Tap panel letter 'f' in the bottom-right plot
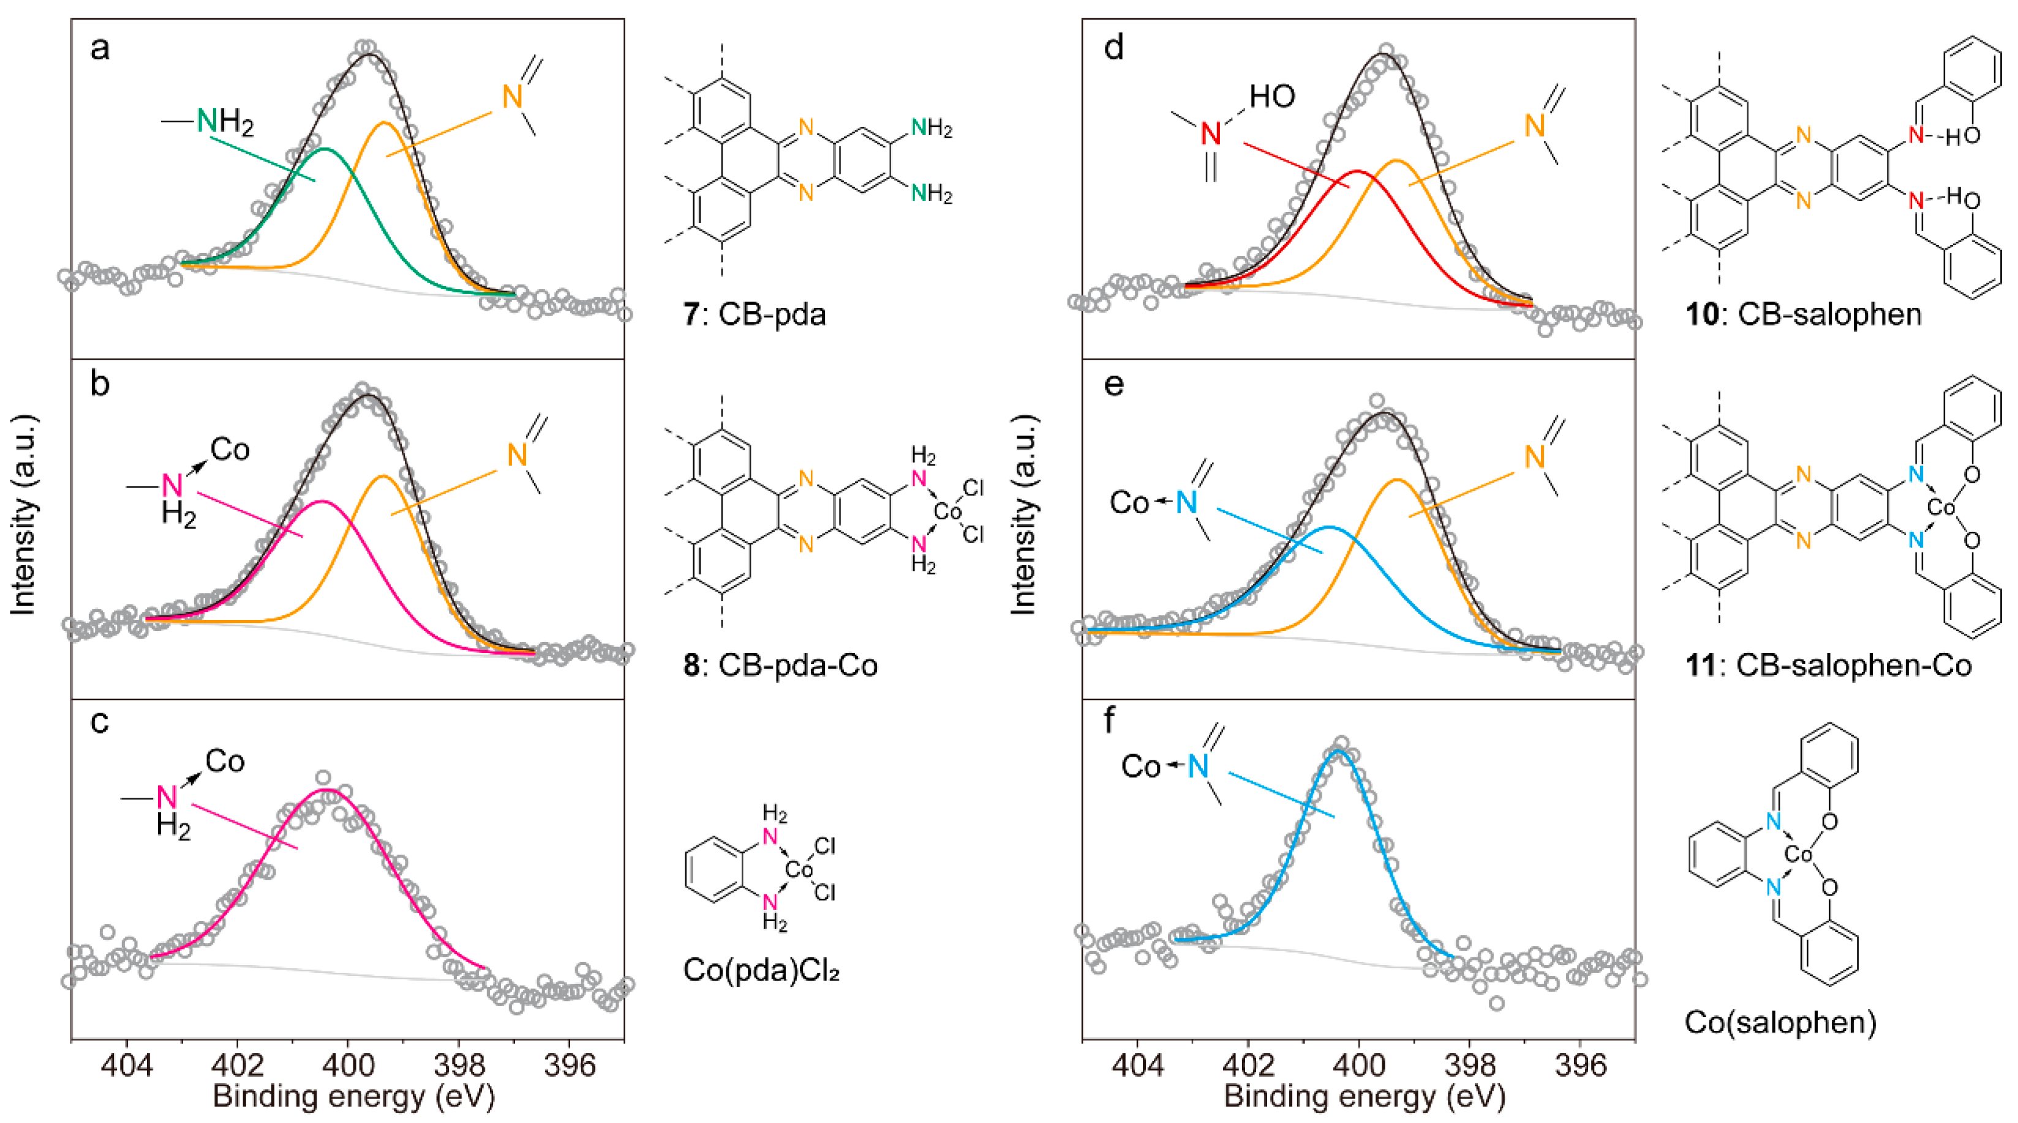click(x=1109, y=719)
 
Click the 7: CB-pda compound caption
click(x=755, y=314)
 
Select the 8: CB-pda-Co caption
click(x=780, y=665)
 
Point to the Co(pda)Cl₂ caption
click(x=761, y=970)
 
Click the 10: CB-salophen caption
click(x=1804, y=314)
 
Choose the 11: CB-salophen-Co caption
click(x=1828, y=665)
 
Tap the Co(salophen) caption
click(x=1780, y=1022)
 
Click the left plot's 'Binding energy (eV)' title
click(x=353, y=1095)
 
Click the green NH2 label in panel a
click(x=225, y=121)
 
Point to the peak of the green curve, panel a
click(x=325, y=148)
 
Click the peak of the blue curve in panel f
click(x=1338, y=751)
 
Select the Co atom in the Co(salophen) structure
click(x=1799, y=853)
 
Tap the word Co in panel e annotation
click(x=1129, y=502)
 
